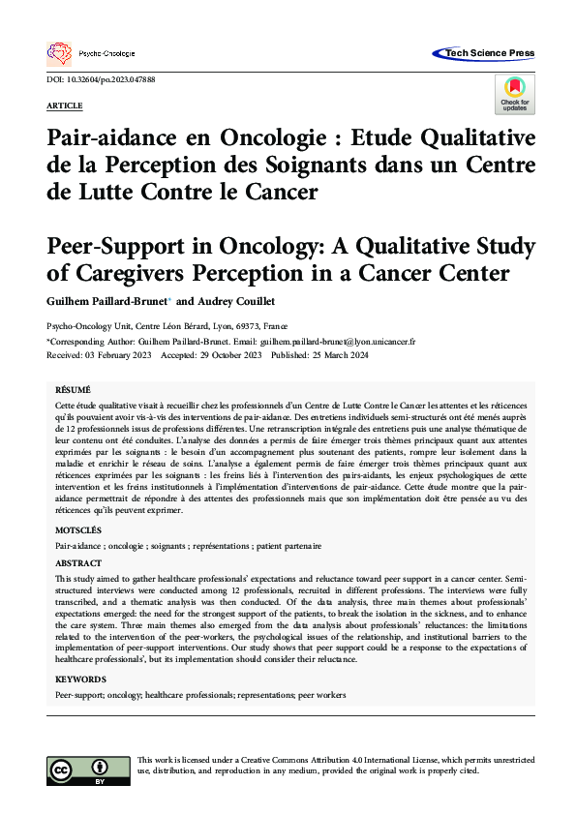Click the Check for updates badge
pyautogui.click(x=514, y=93)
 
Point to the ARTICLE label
pyautogui.click(x=64, y=105)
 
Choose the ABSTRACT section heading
pyautogui.click(x=78, y=562)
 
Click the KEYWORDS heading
pyautogui.click(x=80, y=680)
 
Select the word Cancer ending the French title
pyautogui.click(x=282, y=191)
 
